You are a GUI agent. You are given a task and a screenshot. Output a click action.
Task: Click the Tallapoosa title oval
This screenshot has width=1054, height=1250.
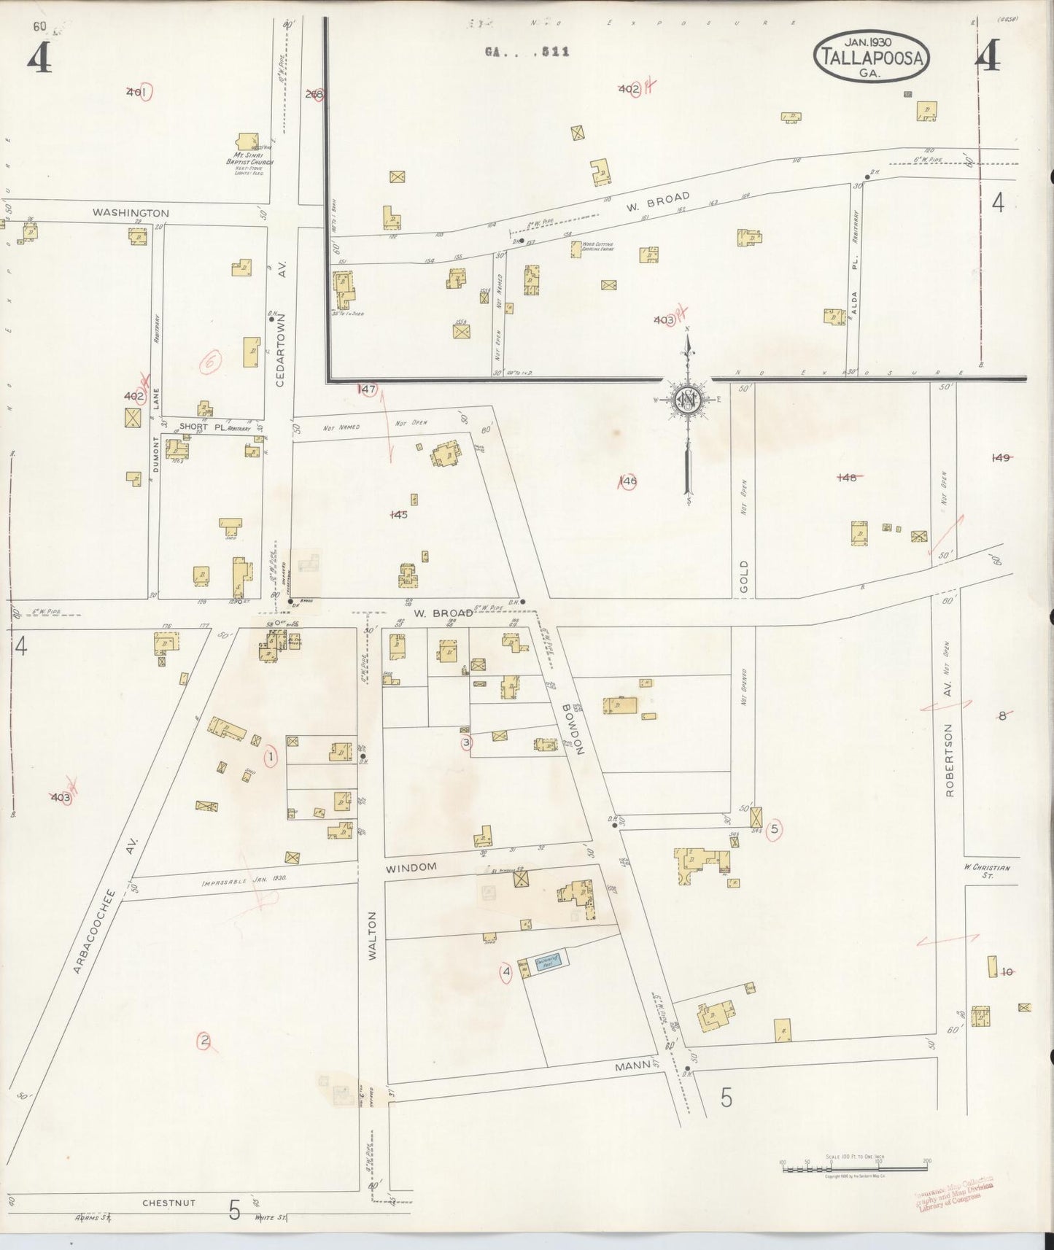pyautogui.click(x=872, y=56)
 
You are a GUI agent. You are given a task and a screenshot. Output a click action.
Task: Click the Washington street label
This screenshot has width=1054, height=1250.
pyautogui.click(x=131, y=213)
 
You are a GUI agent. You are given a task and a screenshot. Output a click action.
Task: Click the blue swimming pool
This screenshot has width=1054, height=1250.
pyautogui.click(x=547, y=962)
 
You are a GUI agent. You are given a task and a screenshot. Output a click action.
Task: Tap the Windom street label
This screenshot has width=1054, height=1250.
pyautogui.click(x=411, y=867)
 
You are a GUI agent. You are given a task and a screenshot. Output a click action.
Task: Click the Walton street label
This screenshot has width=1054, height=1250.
pyautogui.click(x=372, y=935)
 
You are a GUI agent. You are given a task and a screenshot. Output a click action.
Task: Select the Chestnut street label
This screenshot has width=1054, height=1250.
pyautogui.click(x=168, y=1203)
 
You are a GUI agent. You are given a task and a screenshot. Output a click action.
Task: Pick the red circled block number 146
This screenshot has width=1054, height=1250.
pyautogui.click(x=628, y=481)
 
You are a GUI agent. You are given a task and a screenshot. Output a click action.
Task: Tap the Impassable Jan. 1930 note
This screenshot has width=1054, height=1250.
pyautogui.click(x=244, y=880)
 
